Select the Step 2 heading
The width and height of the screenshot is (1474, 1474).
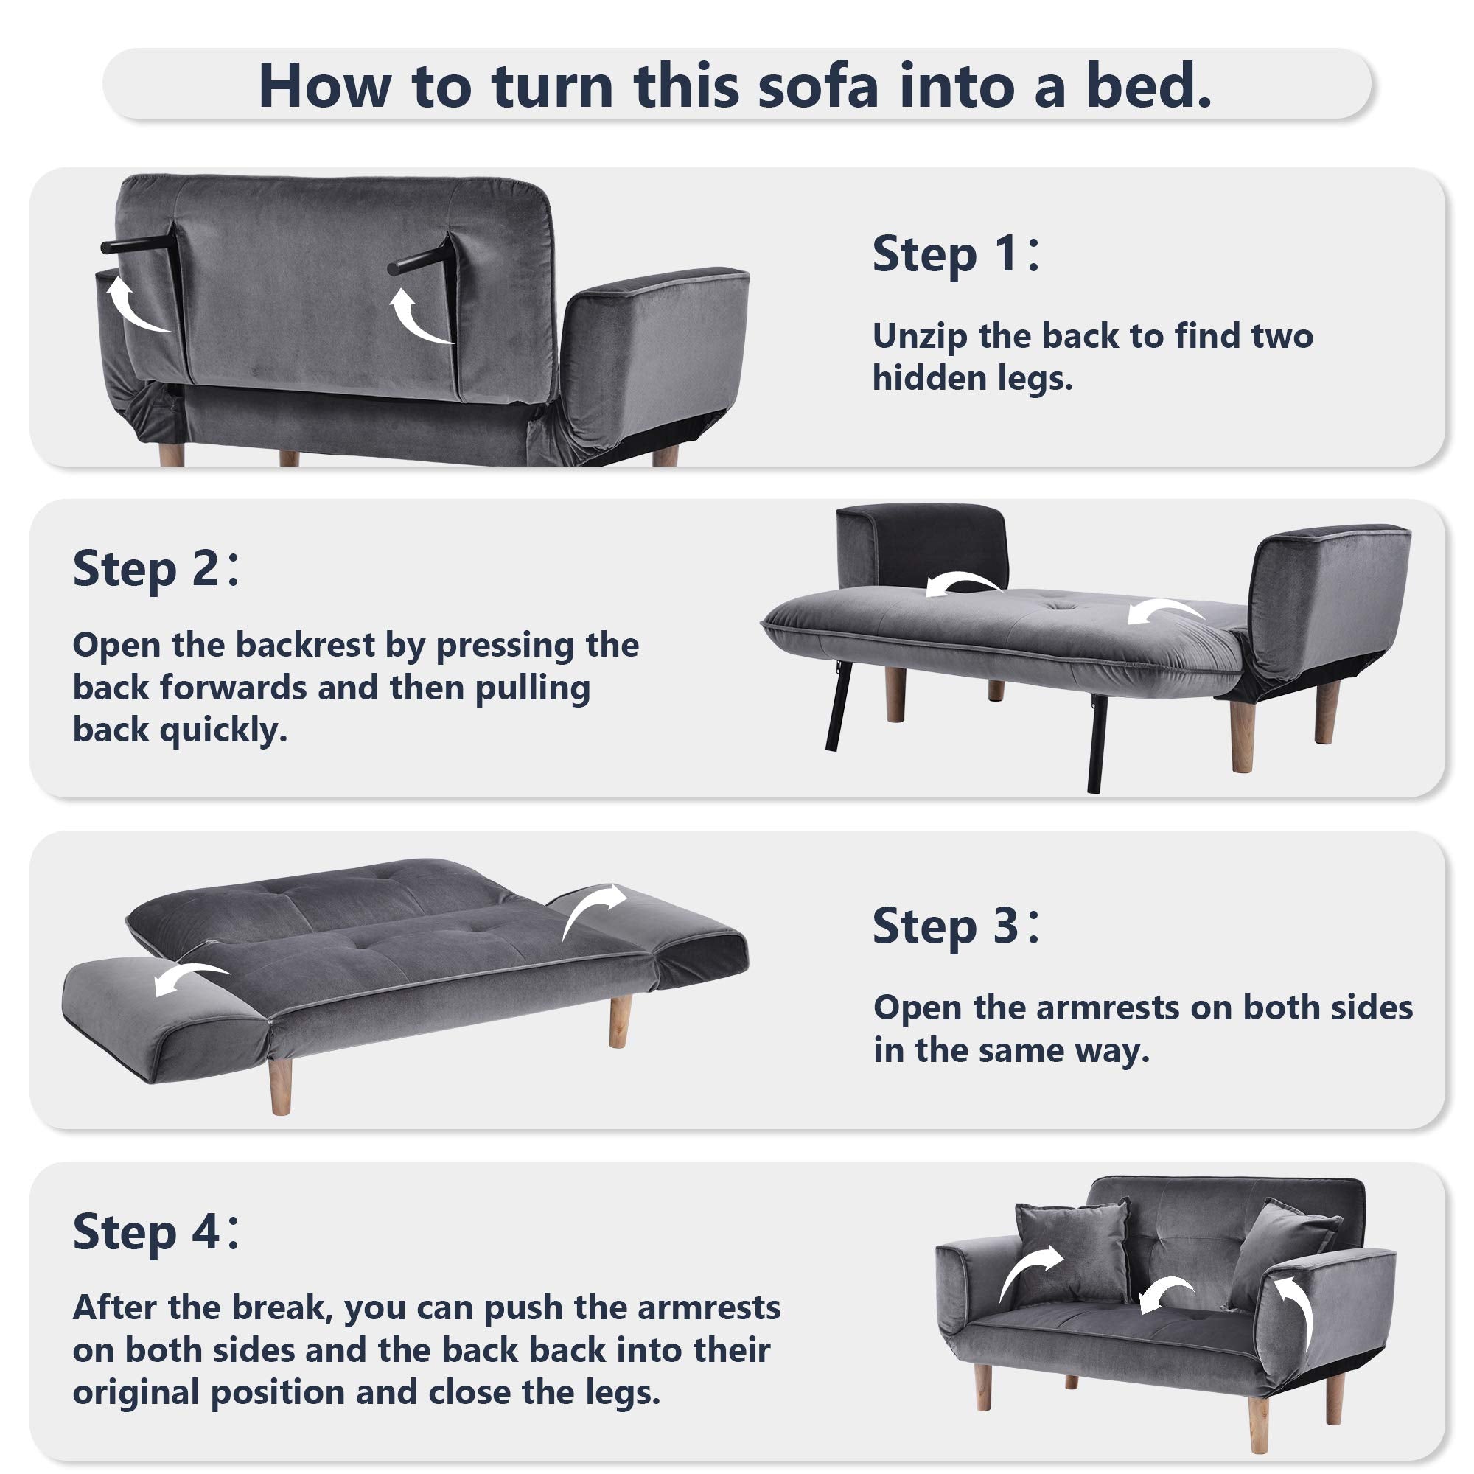click(x=156, y=568)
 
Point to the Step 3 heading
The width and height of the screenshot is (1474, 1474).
click(x=955, y=926)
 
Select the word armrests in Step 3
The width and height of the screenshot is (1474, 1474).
click(x=1108, y=1007)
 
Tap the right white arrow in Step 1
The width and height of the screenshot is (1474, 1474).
click(x=421, y=316)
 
